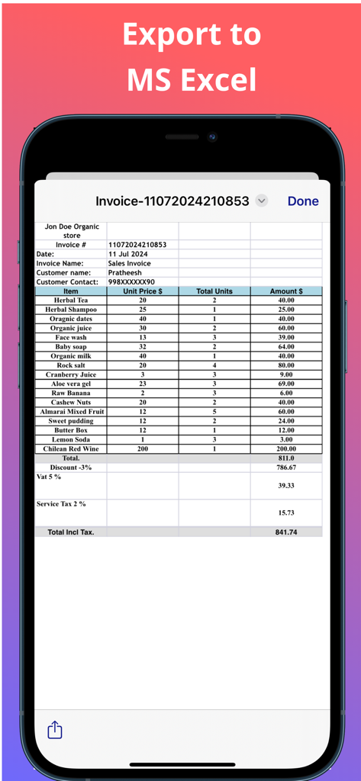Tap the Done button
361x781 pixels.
pyautogui.click(x=303, y=201)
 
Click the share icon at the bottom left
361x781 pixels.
pyautogui.click(x=55, y=730)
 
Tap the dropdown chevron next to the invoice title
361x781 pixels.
pyautogui.click(x=262, y=201)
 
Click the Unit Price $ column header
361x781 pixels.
pyautogui.click(x=143, y=291)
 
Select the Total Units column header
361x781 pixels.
pyautogui.click(x=214, y=291)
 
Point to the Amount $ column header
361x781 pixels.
pyautogui.click(x=286, y=291)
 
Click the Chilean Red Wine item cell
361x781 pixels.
pyautogui.click(x=70, y=449)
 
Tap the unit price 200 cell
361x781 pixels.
pyautogui.click(x=143, y=449)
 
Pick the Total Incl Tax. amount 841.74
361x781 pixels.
pyautogui.click(x=286, y=532)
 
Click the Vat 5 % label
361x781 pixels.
pyautogui.click(x=50, y=477)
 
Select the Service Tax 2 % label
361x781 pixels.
pyautogui.click(x=62, y=504)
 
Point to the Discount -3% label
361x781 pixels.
pyautogui.click(x=70, y=468)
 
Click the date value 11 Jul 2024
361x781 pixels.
pyautogui.click(x=128, y=254)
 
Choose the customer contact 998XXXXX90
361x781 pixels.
pyautogui.click(x=131, y=282)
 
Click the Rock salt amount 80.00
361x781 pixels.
pyautogui.click(x=286, y=365)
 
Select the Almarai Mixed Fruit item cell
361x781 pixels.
pyautogui.click(x=72, y=412)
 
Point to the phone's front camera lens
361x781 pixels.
pyautogui.click(x=212, y=137)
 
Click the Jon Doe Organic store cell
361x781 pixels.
pyautogui.click(x=71, y=231)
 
